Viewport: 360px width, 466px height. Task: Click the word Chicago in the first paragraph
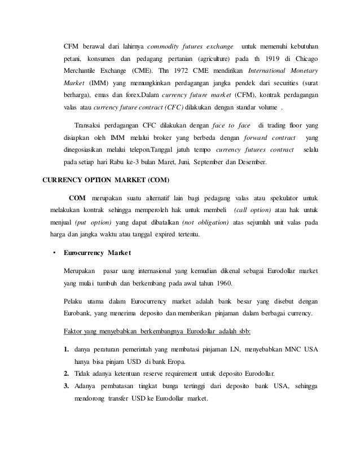point(305,58)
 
